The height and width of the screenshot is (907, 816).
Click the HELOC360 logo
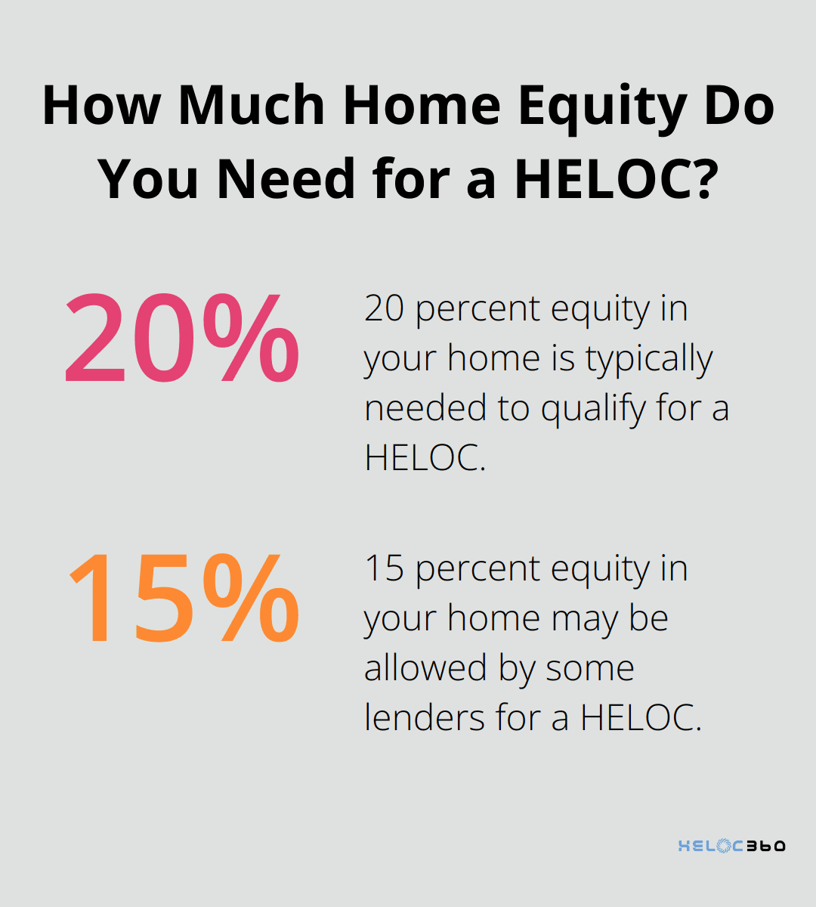coord(731,846)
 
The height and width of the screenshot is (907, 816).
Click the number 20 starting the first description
coord(384,309)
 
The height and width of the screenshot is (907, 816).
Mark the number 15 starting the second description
coord(384,568)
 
